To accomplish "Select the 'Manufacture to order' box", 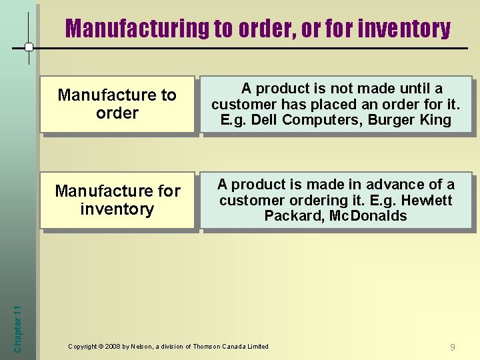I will [x=117, y=104].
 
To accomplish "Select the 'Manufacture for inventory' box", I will [x=117, y=200].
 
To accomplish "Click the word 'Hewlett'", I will [x=427, y=201].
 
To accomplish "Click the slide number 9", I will [x=453, y=347].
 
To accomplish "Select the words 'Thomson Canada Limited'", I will [x=231, y=347].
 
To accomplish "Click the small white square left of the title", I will [x=29, y=47].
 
